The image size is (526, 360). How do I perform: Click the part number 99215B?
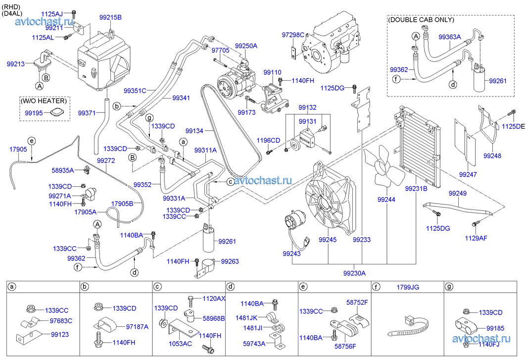(110, 17)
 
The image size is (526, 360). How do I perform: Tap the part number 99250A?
(246, 46)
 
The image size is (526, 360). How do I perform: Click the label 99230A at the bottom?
(354, 273)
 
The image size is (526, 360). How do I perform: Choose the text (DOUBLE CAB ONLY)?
(421, 20)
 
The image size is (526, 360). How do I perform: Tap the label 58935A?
(63, 170)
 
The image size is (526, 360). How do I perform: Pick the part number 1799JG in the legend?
(408, 287)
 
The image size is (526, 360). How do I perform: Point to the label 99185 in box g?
(495, 328)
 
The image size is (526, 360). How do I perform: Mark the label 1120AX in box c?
(214, 299)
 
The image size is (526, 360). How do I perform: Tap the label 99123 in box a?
(60, 334)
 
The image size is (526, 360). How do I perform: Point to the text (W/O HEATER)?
(43, 101)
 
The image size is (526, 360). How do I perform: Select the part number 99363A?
(449, 37)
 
